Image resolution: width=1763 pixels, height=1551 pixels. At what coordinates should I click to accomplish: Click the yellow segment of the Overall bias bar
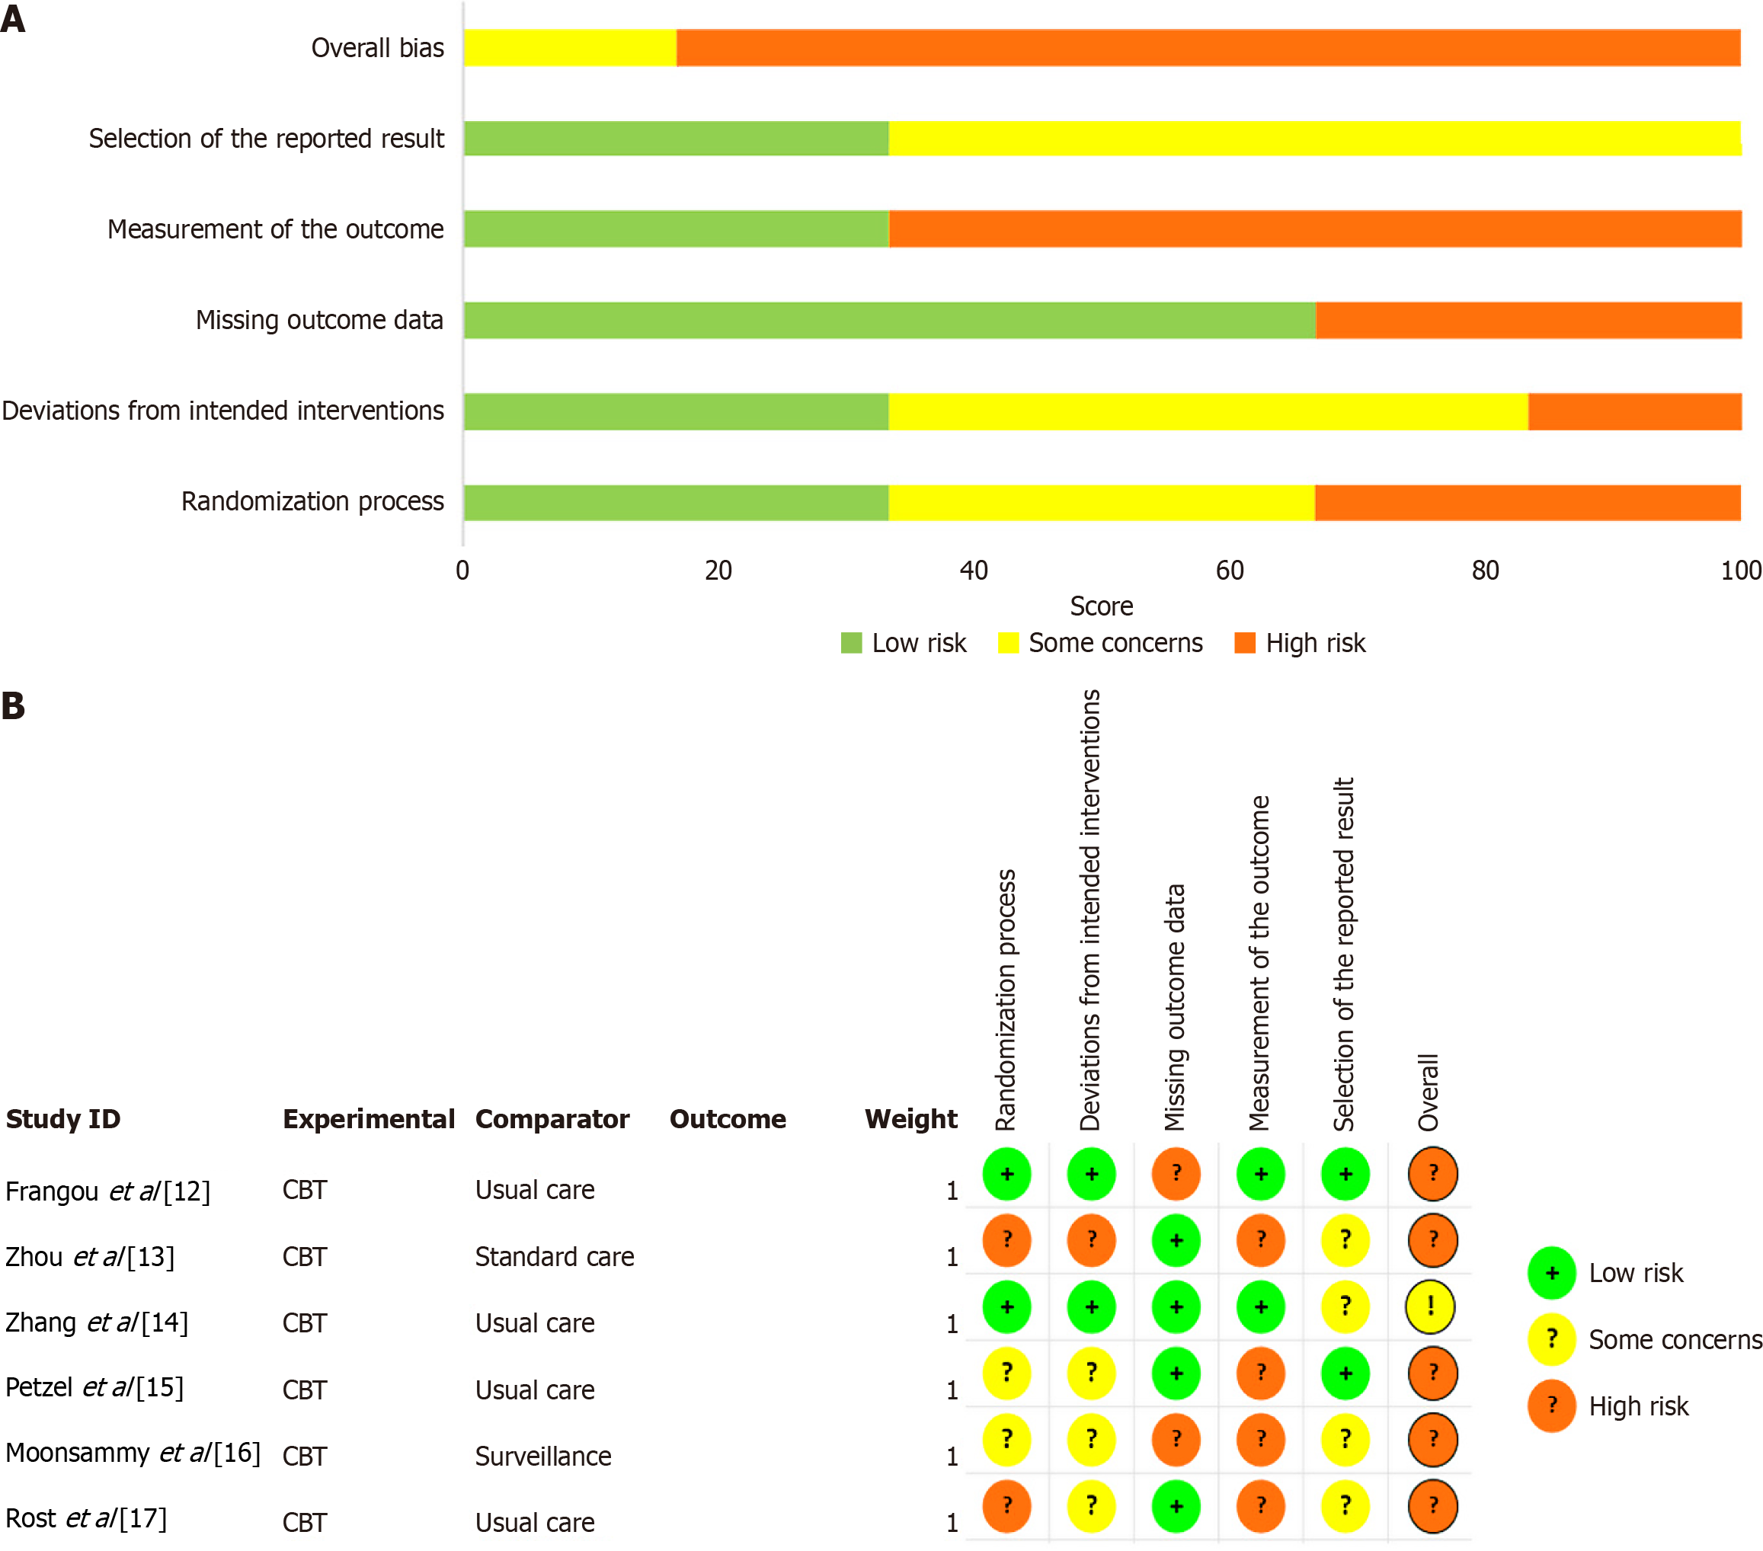[x=569, y=47]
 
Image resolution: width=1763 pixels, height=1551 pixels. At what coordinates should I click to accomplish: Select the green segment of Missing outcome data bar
[x=888, y=320]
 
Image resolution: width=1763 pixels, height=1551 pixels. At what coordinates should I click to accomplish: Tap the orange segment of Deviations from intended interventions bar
[x=1634, y=411]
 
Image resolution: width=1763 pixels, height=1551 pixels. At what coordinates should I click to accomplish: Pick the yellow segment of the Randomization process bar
[x=1102, y=503]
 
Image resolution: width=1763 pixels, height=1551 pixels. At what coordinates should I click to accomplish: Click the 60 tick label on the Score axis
[x=1229, y=570]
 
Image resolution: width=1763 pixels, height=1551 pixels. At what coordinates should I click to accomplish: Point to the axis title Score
[x=1102, y=606]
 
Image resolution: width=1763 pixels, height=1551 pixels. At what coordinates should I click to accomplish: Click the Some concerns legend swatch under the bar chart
[x=1007, y=644]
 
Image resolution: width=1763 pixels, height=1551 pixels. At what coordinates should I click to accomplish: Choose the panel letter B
[x=13, y=706]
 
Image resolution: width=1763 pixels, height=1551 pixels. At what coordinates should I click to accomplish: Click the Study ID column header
[x=63, y=1119]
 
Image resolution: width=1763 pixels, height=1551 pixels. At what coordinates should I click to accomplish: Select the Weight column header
[x=910, y=1119]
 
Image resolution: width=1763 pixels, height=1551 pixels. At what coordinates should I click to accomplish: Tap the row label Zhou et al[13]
[x=90, y=1257]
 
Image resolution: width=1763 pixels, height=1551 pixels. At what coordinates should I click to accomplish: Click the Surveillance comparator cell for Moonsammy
[x=542, y=1456]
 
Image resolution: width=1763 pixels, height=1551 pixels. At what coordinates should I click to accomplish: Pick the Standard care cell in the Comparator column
[x=555, y=1257]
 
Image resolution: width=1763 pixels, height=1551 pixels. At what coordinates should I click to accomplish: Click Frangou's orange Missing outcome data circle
[x=1176, y=1174]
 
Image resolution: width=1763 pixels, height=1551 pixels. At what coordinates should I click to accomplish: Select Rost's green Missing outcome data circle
[x=1176, y=1506]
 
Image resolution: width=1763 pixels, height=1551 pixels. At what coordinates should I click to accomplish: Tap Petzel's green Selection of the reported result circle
[x=1345, y=1374]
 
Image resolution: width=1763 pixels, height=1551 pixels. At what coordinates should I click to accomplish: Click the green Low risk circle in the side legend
[x=1552, y=1272]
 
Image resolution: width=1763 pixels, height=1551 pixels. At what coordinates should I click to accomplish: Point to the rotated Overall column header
[x=1429, y=1091]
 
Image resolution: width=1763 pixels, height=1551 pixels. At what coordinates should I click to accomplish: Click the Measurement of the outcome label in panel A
[x=275, y=229]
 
